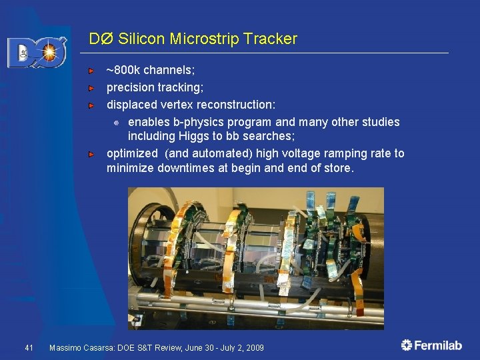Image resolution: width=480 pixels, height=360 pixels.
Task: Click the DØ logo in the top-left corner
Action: click(x=37, y=53)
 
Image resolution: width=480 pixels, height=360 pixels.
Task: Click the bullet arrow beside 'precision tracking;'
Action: click(x=94, y=87)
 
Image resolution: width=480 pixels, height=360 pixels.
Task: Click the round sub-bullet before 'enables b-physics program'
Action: click(x=116, y=123)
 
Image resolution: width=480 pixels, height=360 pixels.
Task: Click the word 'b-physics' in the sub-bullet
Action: click(x=197, y=122)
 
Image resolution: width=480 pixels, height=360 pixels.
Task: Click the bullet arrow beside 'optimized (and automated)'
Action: click(x=94, y=153)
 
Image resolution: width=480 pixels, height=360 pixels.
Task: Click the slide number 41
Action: click(x=29, y=348)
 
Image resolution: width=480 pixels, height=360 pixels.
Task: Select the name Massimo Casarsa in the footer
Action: click(x=79, y=348)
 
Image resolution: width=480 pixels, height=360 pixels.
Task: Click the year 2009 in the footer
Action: click(x=253, y=348)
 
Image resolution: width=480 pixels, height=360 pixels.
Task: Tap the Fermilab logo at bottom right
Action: click(x=431, y=345)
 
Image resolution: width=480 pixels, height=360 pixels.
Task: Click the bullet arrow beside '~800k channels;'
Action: click(x=94, y=70)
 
